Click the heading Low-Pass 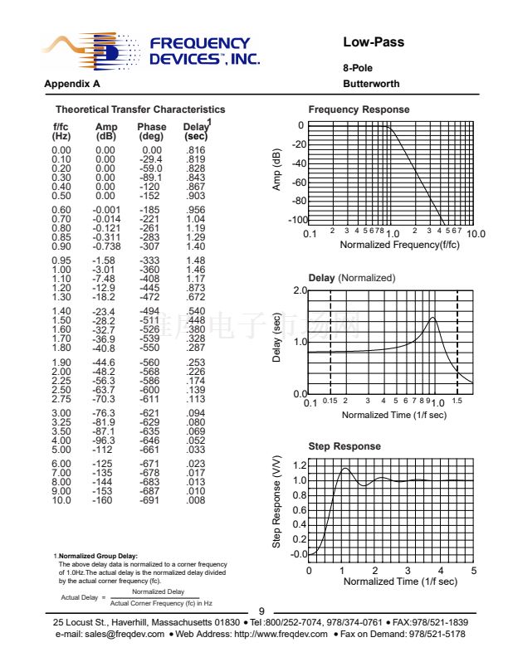374,42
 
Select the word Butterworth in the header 371,84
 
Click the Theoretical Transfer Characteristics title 140,109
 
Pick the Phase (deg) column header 151,131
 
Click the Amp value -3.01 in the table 105,270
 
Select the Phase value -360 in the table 151,270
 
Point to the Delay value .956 196,210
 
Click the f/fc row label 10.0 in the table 61,500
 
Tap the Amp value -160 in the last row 105,500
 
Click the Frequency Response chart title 359,109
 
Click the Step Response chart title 344,446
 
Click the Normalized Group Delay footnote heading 97,556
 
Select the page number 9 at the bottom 261,611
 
